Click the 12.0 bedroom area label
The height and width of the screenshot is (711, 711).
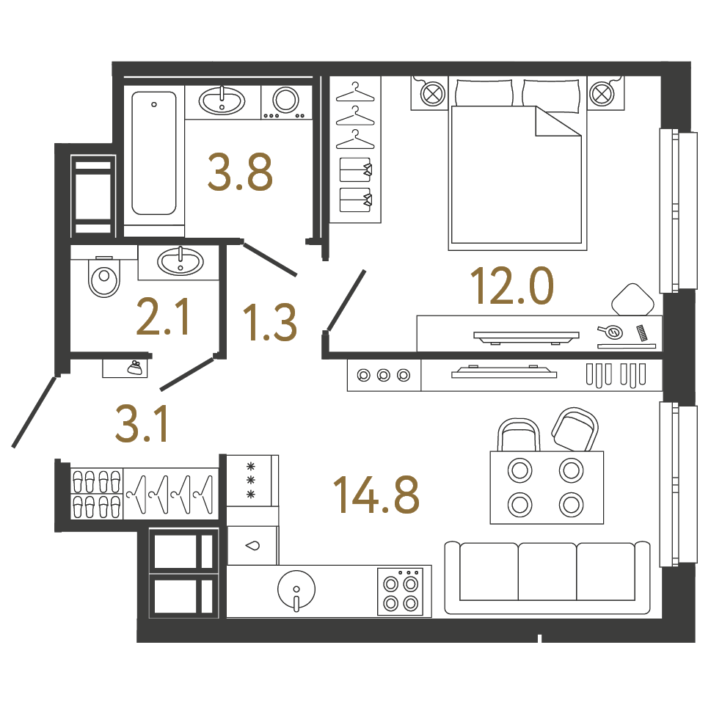pos(512,285)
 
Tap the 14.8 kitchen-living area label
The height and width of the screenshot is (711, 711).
pos(376,495)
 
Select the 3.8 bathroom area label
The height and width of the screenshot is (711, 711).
pos(241,172)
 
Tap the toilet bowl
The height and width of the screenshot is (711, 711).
pos(104,276)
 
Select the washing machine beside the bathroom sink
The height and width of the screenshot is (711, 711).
pos(286,103)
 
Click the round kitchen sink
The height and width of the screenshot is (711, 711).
pos(296,590)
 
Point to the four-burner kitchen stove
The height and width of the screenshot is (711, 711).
pos(401,591)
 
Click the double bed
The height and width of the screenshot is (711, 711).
pos(517,163)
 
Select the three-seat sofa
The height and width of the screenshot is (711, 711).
pos(547,577)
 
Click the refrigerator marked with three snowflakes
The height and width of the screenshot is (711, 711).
pos(252,481)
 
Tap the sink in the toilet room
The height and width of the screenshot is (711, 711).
pos(181,262)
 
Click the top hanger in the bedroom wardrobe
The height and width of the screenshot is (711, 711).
pos(355,93)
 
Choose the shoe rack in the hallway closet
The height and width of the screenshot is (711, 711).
pos(97,494)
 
